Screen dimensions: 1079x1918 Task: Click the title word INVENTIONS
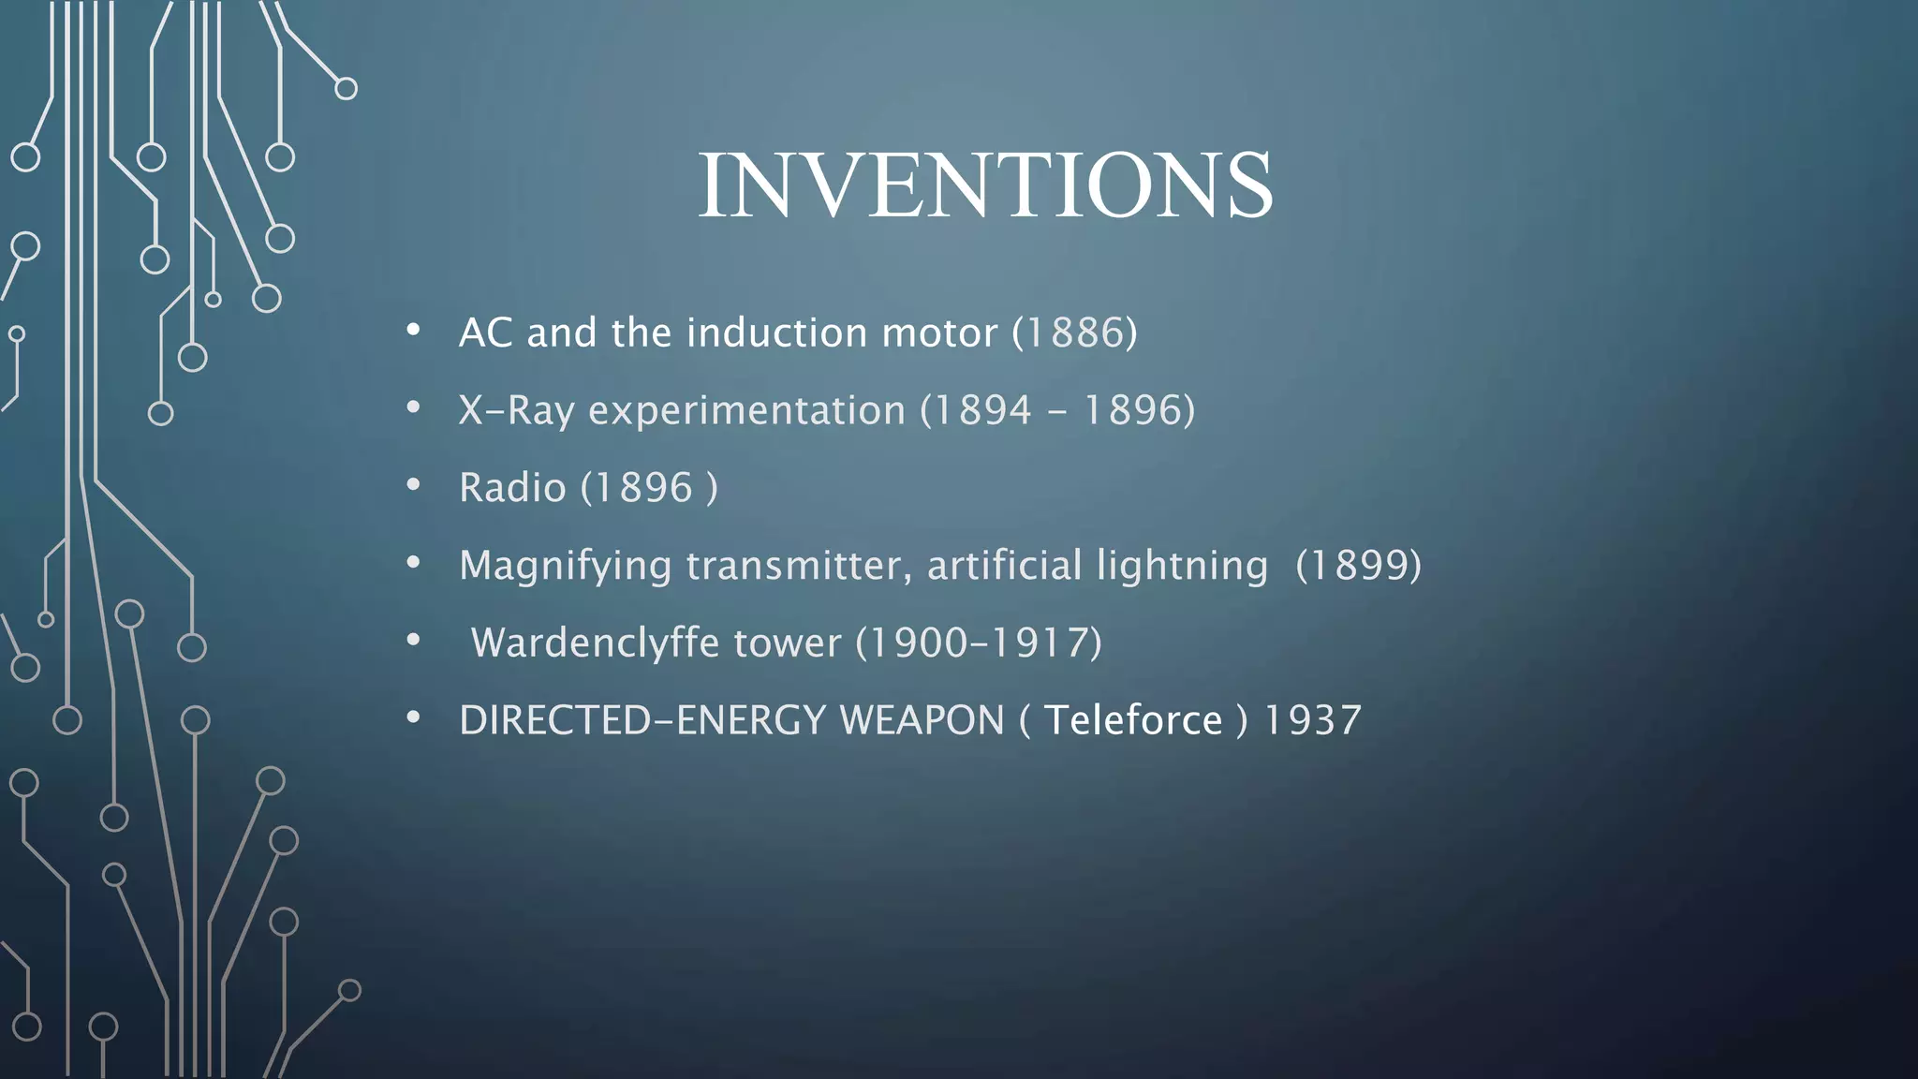[x=985, y=185]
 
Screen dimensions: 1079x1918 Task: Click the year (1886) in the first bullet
[x=1074, y=333]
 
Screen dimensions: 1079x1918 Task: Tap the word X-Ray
[x=515, y=410]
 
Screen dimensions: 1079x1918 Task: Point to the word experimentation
[x=746, y=410]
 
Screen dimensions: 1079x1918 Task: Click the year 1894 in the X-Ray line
[x=981, y=410]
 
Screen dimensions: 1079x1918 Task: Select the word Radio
[x=512, y=488]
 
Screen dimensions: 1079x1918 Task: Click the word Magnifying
[x=565, y=566]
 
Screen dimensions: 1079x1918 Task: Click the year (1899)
[x=1358, y=566]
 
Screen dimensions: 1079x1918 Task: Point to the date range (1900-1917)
[x=979, y=643]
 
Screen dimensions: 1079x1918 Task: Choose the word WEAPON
[x=922, y=720]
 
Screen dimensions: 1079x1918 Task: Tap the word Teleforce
[x=1133, y=720]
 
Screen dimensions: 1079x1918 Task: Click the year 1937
[x=1312, y=720]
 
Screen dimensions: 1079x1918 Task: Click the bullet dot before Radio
[x=413, y=485]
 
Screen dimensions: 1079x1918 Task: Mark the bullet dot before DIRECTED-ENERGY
[x=413, y=717]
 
